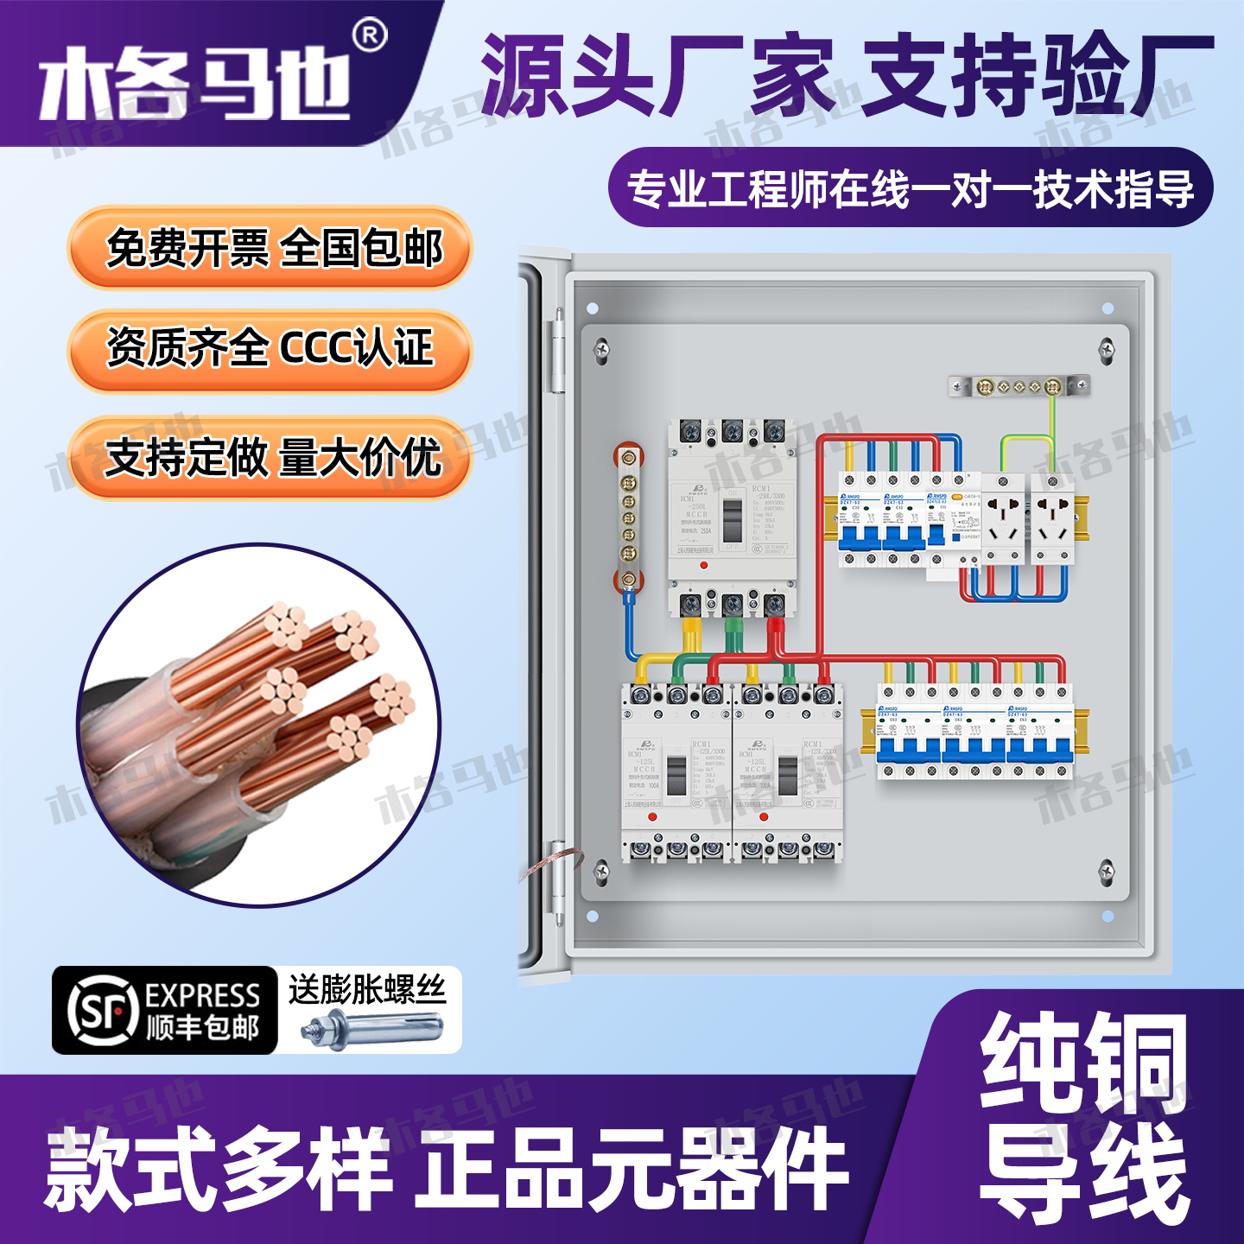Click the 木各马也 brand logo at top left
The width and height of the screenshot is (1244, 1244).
tap(194, 85)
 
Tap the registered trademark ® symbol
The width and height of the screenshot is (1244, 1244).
tap(371, 35)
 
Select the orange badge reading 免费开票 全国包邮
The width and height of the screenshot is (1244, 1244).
tap(270, 249)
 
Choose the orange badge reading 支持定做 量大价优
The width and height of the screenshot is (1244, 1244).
tap(270, 458)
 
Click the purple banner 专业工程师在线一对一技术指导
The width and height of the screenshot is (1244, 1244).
tap(911, 188)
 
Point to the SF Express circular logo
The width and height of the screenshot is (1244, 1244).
tap(103, 1010)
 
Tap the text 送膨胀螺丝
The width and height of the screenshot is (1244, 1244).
tap(367, 989)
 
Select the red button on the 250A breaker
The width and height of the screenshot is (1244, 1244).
tap(704, 565)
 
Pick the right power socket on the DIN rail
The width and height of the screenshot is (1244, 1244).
tap(1052, 518)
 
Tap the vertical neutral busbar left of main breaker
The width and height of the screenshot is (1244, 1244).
tap(629, 518)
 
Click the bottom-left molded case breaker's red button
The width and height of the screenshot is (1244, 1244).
tap(652, 816)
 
